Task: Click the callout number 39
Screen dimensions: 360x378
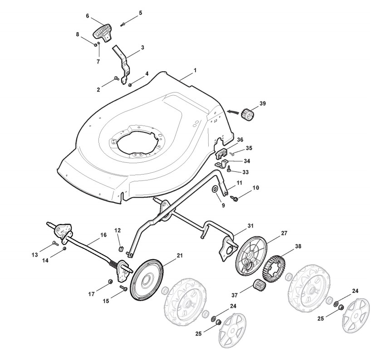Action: click(x=263, y=103)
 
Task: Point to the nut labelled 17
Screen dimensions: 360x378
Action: click(x=110, y=283)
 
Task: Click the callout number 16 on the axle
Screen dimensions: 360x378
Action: click(x=103, y=235)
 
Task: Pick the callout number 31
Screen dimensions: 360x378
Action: click(x=238, y=226)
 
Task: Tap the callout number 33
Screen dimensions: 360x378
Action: click(x=245, y=172)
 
